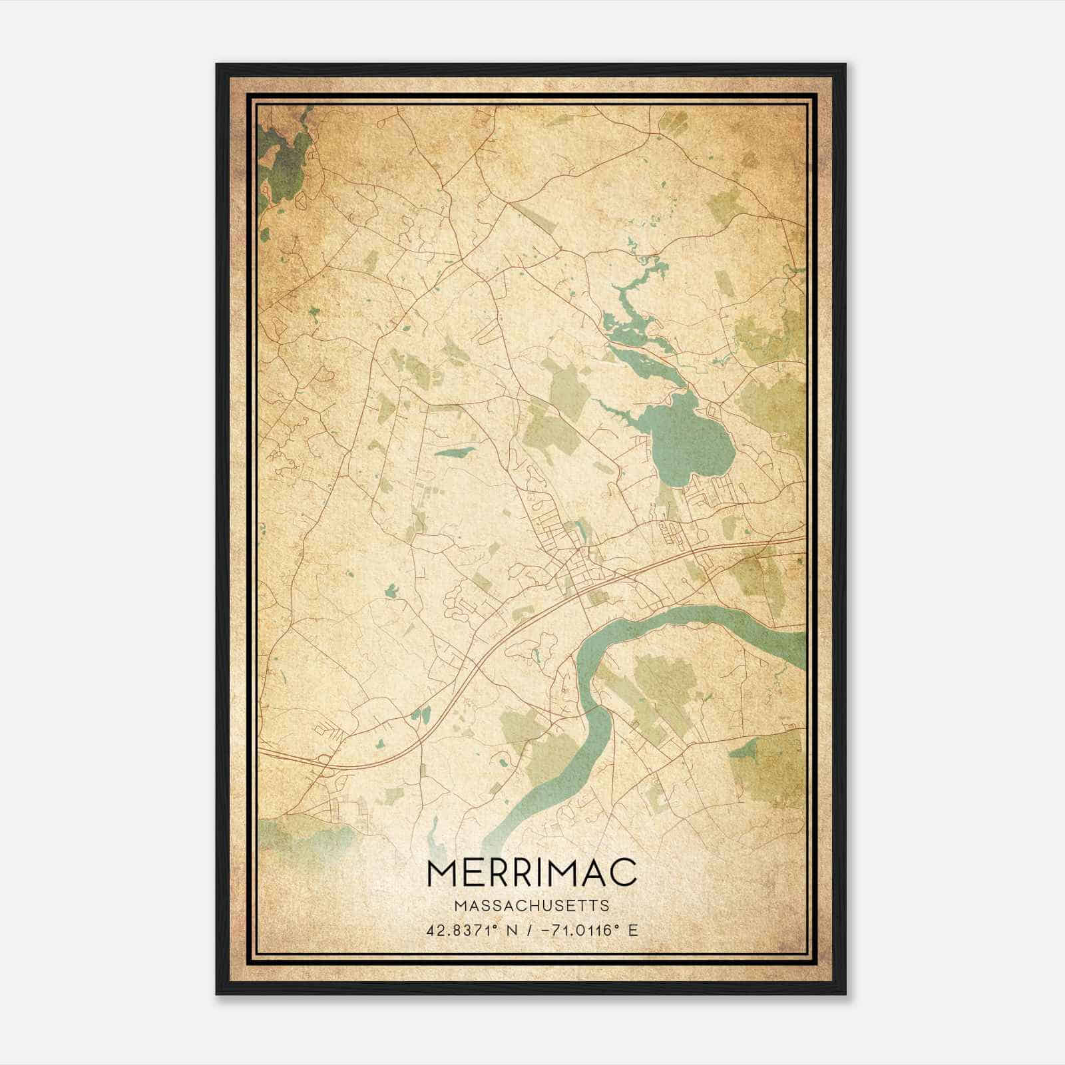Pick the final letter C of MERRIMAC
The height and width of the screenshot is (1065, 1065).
[622, 873]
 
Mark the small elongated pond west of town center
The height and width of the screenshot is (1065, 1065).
[454, 453]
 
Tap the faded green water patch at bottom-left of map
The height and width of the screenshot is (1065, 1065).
[300, 835]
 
